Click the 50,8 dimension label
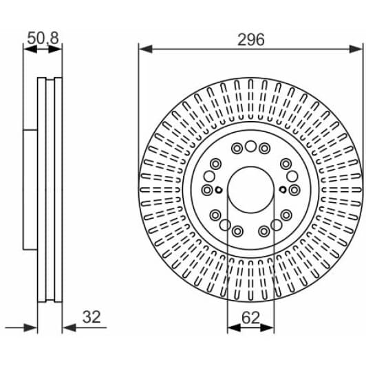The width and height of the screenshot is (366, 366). pyautogui.click(x=42, y=39)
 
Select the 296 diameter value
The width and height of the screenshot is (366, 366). pyautogui.click(x=251, y=39)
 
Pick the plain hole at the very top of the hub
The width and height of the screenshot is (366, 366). pyautogui.click(x=250, y=146)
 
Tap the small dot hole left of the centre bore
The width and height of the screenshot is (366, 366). pyautogui.click(x=218, y=191)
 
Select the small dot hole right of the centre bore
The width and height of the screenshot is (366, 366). pyautogui.click(x=283, y=189)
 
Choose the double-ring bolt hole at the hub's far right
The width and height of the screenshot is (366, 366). pyautogui.click(x=294, y=189)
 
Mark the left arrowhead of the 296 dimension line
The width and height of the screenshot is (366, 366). pyautogui.click(x=143, y=48)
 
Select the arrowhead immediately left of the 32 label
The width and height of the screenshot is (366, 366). pyautogui.click(x=67, y=327)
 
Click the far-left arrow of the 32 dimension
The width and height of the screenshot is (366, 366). pyautogui.click(x=32, y=327)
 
